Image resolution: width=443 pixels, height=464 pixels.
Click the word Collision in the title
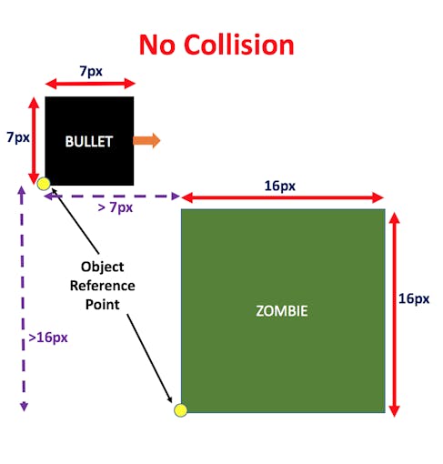click(x=239, y=45)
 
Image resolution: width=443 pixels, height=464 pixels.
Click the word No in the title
click(x=157, y=45)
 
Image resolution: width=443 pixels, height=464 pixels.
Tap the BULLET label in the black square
click(x=89, y=141)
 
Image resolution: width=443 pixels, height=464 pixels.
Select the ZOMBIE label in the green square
click(x=282, y=311)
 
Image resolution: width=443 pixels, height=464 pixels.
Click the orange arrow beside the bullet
click(x=146, y=140)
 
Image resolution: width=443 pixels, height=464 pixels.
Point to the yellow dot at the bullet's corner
click(x=44, y=184)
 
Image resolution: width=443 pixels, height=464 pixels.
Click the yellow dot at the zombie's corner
click(x=180, y=410)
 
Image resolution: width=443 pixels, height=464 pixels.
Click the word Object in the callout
click(x=102, y=267)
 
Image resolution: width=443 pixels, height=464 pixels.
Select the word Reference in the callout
click(x=103, y=286)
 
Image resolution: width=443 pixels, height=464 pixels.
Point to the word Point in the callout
click(x=103, y=305)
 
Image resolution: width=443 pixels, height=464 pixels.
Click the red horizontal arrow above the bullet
click(x=90, y=84)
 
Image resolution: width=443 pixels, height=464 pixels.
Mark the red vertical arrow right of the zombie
click(x=394, y=315)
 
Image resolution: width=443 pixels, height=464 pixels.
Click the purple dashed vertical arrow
click(x=23, y=298)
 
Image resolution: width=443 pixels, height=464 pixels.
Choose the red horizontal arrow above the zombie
click(x=282, y=197)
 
